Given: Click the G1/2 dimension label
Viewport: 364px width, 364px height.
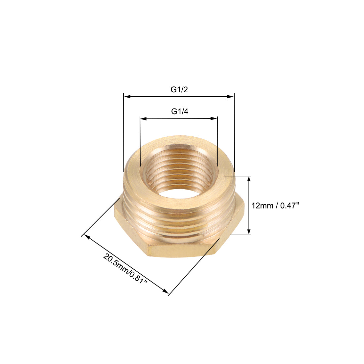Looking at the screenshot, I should pos(179,89).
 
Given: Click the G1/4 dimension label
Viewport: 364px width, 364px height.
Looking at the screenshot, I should pos(179,112).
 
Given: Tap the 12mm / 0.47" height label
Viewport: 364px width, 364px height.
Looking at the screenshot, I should pos(275,205).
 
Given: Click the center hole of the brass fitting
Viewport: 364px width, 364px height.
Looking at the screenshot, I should pos(179,199).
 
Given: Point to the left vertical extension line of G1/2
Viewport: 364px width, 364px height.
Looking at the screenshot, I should pos(123,132).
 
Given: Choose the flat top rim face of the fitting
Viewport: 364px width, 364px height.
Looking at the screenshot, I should pos(179,146).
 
